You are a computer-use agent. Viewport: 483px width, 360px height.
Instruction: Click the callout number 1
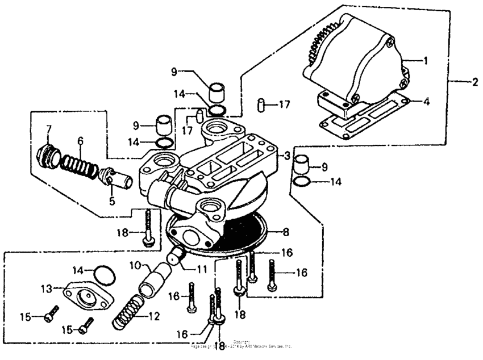click(x=425, y=59)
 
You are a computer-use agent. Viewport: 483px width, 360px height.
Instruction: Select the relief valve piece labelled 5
click(x=117, y=181)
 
